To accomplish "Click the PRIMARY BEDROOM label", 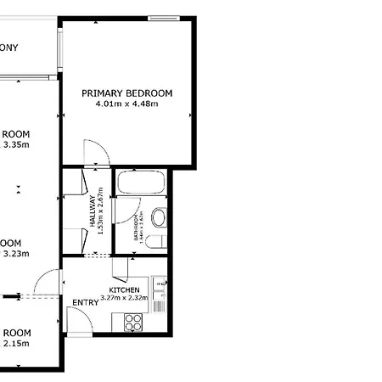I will pos(126,93).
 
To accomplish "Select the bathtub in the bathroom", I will pos(140,183).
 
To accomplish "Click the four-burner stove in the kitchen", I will pos(134,322).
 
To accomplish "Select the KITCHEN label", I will pos(124,289).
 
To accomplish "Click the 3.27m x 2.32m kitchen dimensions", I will pos(124,298).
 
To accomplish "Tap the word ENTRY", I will pos(85,303).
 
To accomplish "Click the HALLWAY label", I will pos(92,211).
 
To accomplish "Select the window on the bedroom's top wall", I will pos(164,17).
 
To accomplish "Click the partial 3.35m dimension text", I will pos(16,144).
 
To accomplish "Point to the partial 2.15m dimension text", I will pos(16,343).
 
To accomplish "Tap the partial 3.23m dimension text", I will pos(16,253).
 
